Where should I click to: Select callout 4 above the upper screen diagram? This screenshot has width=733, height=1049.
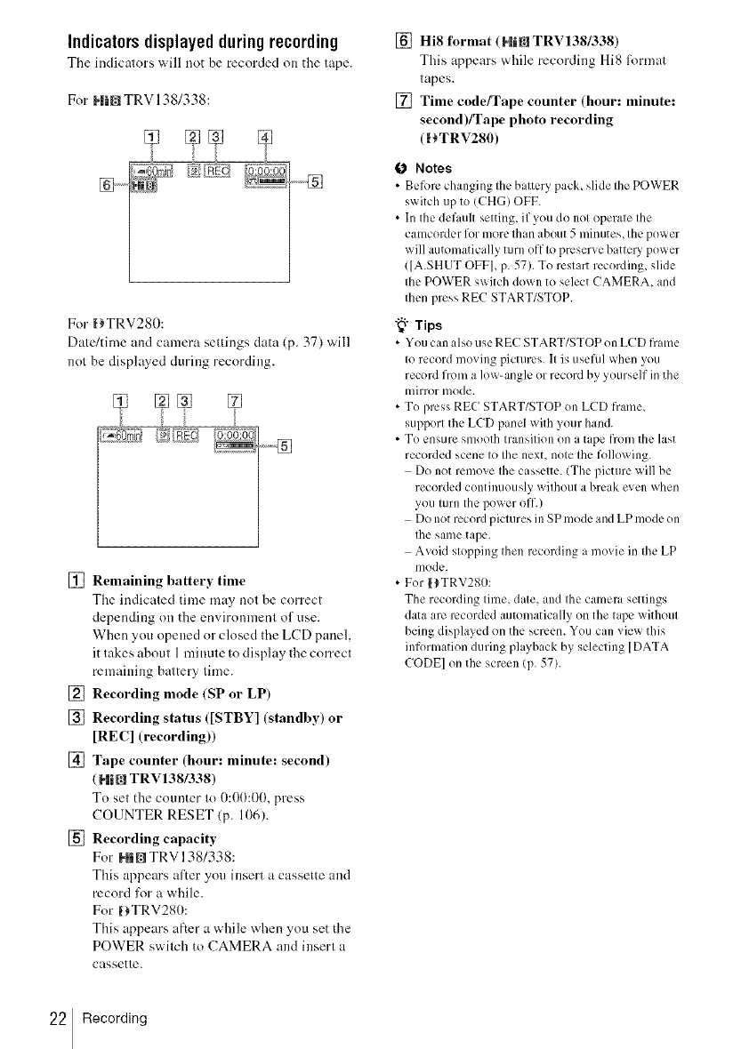coord(263,137)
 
